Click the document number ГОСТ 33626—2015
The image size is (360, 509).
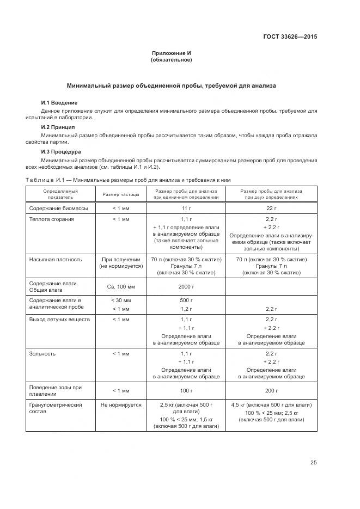tap(290, 37)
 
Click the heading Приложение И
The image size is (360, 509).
tap(171, 53)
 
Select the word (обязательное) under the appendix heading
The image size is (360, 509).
tap(171, 60)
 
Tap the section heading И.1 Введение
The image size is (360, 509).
tap(59, 103)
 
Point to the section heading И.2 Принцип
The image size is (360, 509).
tap(58, 127)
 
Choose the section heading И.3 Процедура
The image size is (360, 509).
tap(61, 151)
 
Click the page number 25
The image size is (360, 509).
tap(313, 463)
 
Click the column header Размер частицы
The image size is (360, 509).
tap(121, 194)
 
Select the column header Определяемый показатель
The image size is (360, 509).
tap(60, 194)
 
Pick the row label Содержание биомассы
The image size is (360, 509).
tap(54, 208)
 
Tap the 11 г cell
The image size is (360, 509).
tap(186, 208)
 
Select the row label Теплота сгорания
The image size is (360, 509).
tap(52, 219)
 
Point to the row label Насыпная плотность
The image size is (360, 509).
tap(56, 259)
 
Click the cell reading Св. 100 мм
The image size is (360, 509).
tap(121, 286)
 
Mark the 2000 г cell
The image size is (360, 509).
tap(186, 286)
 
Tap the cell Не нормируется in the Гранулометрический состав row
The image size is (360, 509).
tap(121, 404)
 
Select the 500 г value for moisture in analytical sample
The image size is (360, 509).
tap(186, 300)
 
